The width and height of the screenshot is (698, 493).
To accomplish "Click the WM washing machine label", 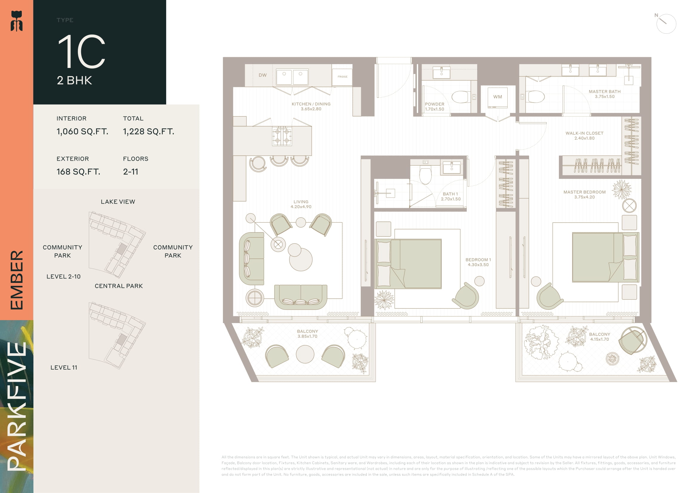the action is (x=497, y=97).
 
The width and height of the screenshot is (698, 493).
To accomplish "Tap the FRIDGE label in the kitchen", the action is (x=342, y=77).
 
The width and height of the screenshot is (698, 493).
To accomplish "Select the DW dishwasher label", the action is (x=263, y=75).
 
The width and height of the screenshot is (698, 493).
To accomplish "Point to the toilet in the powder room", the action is (x=461, y=97).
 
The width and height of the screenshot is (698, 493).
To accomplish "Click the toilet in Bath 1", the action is (x=425, y=176).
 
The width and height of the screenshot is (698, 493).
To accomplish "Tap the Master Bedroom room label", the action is (x=584, y=195).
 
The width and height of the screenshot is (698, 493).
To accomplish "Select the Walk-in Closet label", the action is (x=584, y=136).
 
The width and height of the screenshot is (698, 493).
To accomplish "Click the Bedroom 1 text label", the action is (x=478, y=262).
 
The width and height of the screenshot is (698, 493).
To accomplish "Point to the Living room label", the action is (x=301, y=204).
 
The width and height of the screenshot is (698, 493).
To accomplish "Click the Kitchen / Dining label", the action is (x=311, y=106).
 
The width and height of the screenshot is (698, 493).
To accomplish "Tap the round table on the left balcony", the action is (x=305, y=354).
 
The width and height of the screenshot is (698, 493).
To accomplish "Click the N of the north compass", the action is (x=656, y=15).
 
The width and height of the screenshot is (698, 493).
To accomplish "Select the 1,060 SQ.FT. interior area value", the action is (x=82, y=131).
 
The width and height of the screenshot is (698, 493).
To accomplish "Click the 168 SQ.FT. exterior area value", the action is (x=78, y=172).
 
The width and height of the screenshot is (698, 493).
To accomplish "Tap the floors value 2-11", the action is (x=131, y=172).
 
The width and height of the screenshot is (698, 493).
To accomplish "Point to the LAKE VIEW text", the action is (x=118, y=202).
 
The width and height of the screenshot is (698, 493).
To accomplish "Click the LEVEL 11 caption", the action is (x=64, y=368).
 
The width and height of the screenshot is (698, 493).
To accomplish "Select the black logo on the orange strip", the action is (x=17, y=21).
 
